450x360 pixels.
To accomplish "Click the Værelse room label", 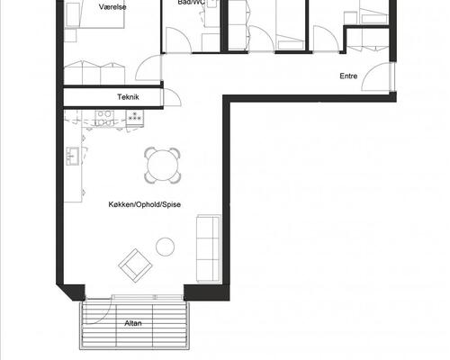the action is pyautogui.click(x=112, y=7).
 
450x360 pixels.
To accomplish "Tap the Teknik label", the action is pyautogui.click(x=128, y=97).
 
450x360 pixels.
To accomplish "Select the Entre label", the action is pyautogui.click(x=348, y=76).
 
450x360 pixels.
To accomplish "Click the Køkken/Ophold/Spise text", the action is pyautogui.click(x=145, y=204).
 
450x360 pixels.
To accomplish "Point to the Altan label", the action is pyautogui.click(x=133, y=323).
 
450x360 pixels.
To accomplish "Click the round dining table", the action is pyautogui.click(x=162, y=166).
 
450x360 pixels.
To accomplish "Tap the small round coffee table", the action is pyautogui.click(x=165, y=247).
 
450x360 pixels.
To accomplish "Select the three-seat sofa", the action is pyautogui.click(x=209, y=248).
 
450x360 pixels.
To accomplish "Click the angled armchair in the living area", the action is pyautogui.click(x=135, y=265).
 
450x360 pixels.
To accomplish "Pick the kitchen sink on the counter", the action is pyautogui.click(x=73, y=156).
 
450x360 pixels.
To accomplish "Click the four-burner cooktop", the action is pyautogui.click(x=104, y=118).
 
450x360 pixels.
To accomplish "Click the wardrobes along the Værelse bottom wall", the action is pyautogui.click(x=94, y=73).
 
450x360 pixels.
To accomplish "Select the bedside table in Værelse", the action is pyautogui.click(x=71, y=35).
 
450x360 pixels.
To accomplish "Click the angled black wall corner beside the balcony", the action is pyautogui.click(x=71, y=292).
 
